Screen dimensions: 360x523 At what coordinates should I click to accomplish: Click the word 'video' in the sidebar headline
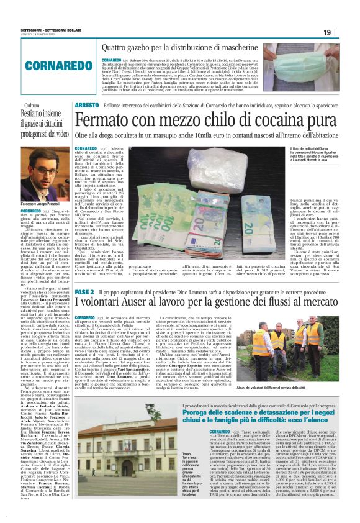(x=61, y=134)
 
